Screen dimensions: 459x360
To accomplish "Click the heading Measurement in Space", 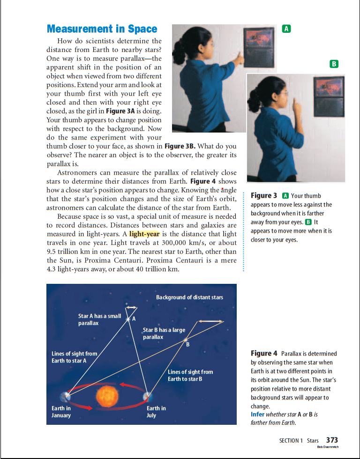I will pos(102,29).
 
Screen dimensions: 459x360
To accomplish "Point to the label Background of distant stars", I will pos(189,297).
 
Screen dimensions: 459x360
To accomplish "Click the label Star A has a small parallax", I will pos(99,319).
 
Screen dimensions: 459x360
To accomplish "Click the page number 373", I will pos(332,440).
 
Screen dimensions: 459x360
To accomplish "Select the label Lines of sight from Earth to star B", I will pos(190,375).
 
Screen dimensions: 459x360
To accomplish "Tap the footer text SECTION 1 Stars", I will pos(299,441).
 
